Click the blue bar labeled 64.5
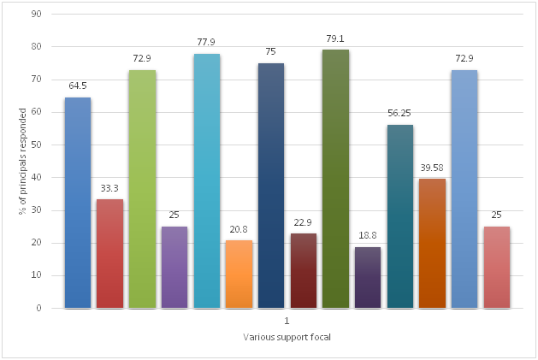point(77,203)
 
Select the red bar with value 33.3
point(109,253)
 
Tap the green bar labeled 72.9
point(142,189)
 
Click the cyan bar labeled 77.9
point(206,180)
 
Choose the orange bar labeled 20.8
point(239,274)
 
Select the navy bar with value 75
point(271,186)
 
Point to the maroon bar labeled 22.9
point(304,270)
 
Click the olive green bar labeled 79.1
point(335,179)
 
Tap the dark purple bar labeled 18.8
point(368,277)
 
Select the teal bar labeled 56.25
point(400,216)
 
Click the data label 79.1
point(335,38)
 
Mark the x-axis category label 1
point(287,322)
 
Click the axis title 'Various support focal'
point(287,338)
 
